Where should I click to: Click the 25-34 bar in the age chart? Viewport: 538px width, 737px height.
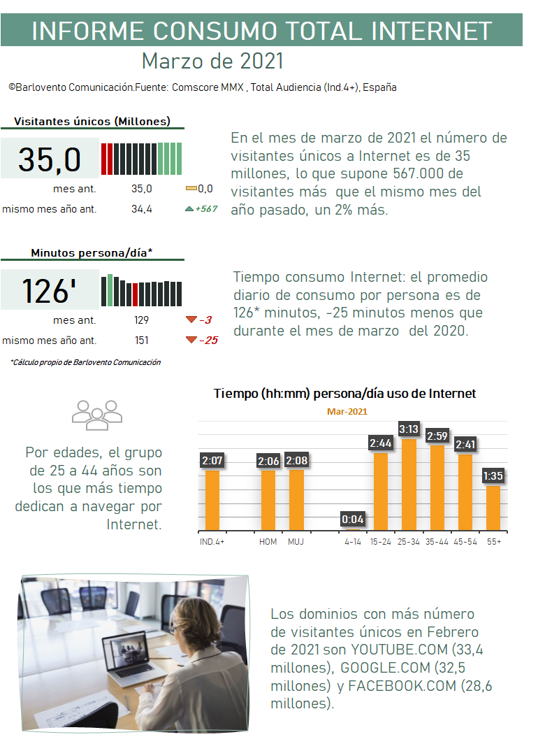[408, 484]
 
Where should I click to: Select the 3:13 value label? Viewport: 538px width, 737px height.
[408, 428]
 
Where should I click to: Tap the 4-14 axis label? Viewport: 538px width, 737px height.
[352, 542]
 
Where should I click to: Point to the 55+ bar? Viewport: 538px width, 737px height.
[493, 507]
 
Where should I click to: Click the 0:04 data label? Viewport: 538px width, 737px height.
[352, 519]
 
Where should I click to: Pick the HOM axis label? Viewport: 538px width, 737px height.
[268, 542]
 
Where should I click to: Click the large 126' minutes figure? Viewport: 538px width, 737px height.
[49, 290]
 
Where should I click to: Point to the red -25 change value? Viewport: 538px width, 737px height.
[208, 341]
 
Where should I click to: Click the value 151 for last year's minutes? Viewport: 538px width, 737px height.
[142, 341]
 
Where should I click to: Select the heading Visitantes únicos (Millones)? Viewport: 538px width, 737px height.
[92, 121]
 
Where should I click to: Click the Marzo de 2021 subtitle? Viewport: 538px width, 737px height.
[212, 61]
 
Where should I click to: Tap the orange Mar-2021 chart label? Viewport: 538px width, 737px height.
[347, 412]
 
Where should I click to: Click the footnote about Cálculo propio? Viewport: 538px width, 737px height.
[85, 362]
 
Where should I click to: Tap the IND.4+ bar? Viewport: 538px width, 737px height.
[212, 499]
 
